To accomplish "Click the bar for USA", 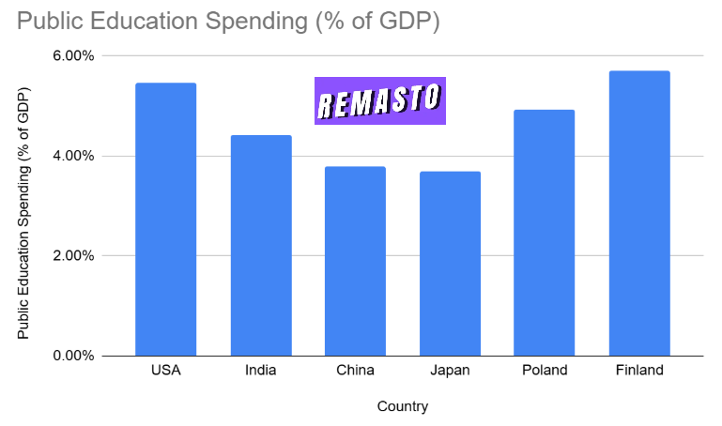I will tap(165, 220).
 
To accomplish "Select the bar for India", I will tap(260, 246).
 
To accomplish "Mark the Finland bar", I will tap(639, 213).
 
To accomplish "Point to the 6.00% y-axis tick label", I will tap(72, 56).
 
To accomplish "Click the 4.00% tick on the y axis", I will tap(72, 156).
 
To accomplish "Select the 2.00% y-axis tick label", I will tap(72, 256).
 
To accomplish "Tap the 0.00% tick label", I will tap(72, 357).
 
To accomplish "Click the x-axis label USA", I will tap(165, 370).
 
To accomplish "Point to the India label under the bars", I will tap(260, 370).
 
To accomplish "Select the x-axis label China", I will tap(355, 370).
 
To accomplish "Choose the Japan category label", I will tap(450, 370).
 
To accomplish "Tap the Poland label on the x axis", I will tap(545, 370).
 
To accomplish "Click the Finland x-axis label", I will tap(639, 370).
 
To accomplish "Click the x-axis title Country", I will tap(402, 406).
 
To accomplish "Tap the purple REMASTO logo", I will tap(379, 100).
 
